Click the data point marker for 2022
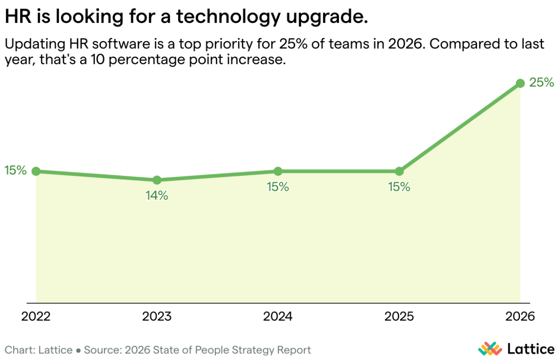[36, 171]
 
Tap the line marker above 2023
[157, 180]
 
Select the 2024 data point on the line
[278, 171]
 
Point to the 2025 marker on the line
[399, 171]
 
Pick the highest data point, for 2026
[520, 83]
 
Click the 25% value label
[542, 83]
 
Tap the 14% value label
[157, 195]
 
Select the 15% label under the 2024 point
[278, 187]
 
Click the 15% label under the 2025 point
[399, 187]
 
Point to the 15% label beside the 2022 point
[15, 171]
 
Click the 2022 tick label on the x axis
[36, 316]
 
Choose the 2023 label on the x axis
[157, 316]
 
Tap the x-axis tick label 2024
[278, 316]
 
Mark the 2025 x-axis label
[399, 316]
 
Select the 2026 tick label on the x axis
[520, 316]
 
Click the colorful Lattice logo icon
[490, 349]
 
